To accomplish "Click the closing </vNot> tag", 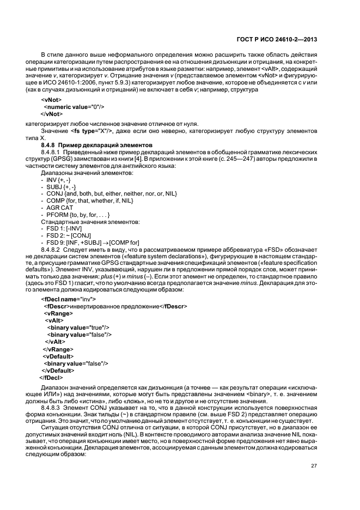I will point(51,114).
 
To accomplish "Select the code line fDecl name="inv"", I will point(68,299).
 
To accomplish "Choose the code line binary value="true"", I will point(78,327).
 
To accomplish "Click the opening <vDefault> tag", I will point(59,356).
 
